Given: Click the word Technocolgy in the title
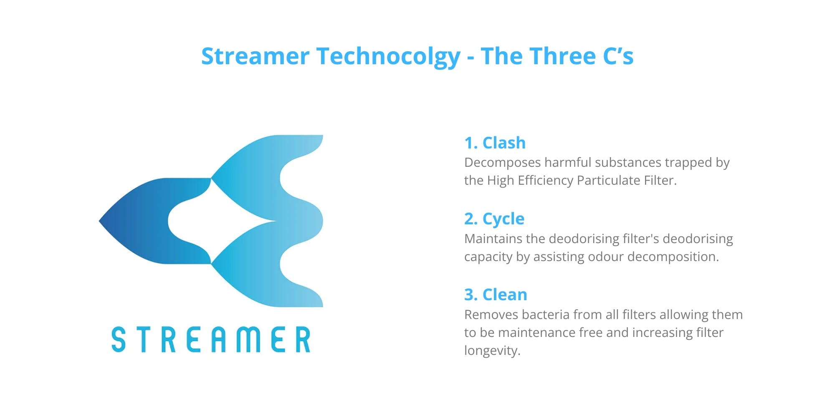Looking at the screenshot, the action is pos(388,57).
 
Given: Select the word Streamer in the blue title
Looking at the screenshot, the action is pos(255,56).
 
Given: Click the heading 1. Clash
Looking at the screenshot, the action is pos(495,143).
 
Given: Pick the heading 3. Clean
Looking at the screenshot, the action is pos(496,294).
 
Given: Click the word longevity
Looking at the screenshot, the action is pos(492,351).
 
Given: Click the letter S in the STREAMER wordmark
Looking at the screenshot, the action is pos(119,339).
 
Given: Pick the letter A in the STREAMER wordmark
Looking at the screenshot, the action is pos(219,339).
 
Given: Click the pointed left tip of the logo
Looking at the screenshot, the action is pos(99,221).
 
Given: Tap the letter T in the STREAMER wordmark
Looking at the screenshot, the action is pos(144,339).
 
